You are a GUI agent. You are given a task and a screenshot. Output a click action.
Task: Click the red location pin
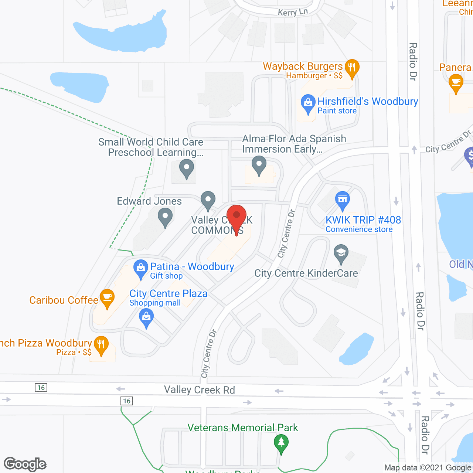236,216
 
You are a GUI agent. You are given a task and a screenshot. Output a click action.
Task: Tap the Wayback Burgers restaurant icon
352,68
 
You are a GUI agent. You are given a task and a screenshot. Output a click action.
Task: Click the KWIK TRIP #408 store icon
343,200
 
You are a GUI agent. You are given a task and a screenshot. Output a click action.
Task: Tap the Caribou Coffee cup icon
107,297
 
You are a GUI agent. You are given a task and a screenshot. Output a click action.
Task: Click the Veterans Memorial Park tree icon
281,442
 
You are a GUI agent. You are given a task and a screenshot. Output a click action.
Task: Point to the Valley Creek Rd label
200,390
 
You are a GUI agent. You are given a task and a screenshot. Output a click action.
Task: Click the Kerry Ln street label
293,12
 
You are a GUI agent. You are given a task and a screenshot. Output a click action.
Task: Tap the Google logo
25,464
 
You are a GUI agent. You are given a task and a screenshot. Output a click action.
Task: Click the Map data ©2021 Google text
428,468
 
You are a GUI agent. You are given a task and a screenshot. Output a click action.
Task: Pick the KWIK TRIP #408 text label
363,220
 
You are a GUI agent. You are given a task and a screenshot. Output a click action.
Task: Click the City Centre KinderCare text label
306,273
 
